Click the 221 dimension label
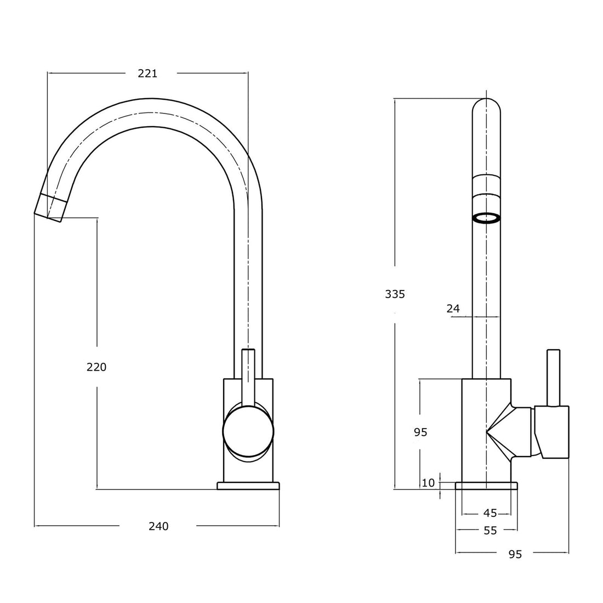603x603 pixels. (147, 73)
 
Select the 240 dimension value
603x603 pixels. (158, 526)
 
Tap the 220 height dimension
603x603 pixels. (96, 367)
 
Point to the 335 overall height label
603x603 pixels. (395, 294)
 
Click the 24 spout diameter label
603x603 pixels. (453, 309)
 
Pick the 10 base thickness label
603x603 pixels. (428, 483)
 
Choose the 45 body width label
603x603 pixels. (490, 513)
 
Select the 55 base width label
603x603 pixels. (490, 531)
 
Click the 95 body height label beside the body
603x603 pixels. (420, 433)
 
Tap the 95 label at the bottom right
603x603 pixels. (515, 554)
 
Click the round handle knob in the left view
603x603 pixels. (248, 431)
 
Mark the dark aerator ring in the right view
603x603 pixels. (486, 219)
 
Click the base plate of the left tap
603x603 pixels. (248, 486)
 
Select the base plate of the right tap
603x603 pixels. (487, 486)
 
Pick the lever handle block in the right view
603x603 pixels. (554, 432)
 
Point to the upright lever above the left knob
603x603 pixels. (248, 373)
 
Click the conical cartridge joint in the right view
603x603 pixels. (507, 431)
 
